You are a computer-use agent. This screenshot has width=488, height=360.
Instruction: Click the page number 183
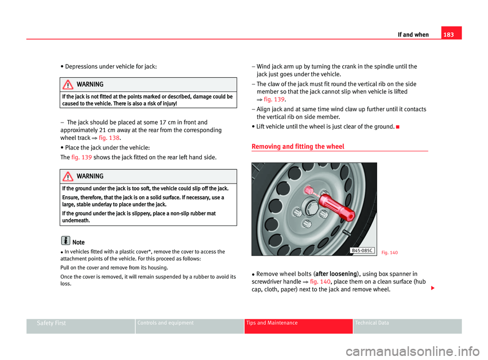pyautogui.click(x=451, y=35)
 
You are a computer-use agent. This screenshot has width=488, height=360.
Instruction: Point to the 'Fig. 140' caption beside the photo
pyautogui.click(x=390, y=253)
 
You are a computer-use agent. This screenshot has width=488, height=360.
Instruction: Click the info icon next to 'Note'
pyautogui.click(x=66, y=242)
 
